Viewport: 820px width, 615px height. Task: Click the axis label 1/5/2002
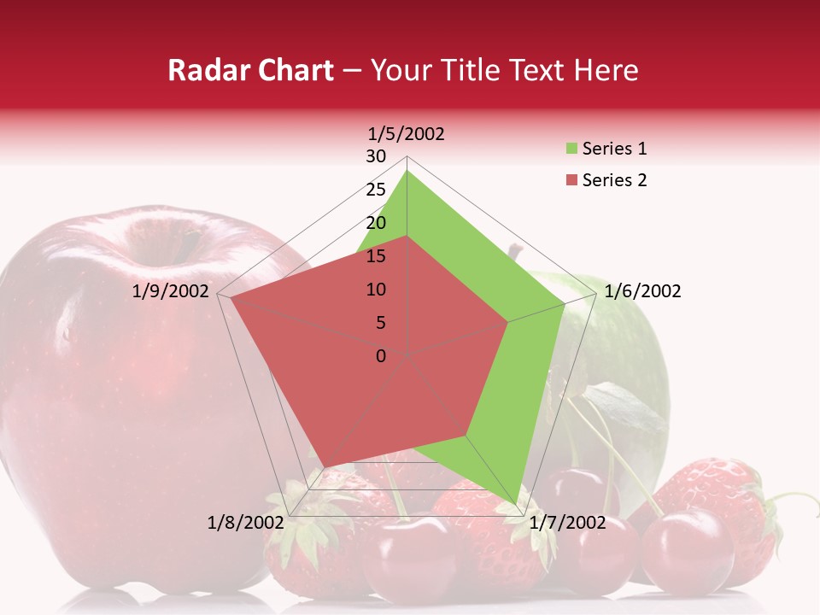(x=406, y=133)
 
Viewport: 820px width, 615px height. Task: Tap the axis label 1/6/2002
(x=642, y=291)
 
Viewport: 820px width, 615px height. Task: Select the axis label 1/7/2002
(x=567, y=522)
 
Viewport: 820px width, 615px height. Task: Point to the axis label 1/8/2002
(x=245, y=522)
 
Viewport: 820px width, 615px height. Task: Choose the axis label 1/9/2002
(x=170, y=291)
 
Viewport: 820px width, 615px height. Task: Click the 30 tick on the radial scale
(x=376, y=156)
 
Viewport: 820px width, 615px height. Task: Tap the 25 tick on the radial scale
(x=376, y=190)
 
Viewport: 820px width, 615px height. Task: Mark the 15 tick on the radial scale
(x=376, y=256)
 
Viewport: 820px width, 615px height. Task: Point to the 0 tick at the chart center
(x=381, y=356)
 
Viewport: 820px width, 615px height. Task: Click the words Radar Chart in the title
(x=250, y=70)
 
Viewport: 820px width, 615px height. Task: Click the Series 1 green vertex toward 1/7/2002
(x=518, y=507)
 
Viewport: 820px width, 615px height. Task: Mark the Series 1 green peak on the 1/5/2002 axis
(x=407, y=171)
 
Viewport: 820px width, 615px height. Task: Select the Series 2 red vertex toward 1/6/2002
(x=508, y=322)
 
